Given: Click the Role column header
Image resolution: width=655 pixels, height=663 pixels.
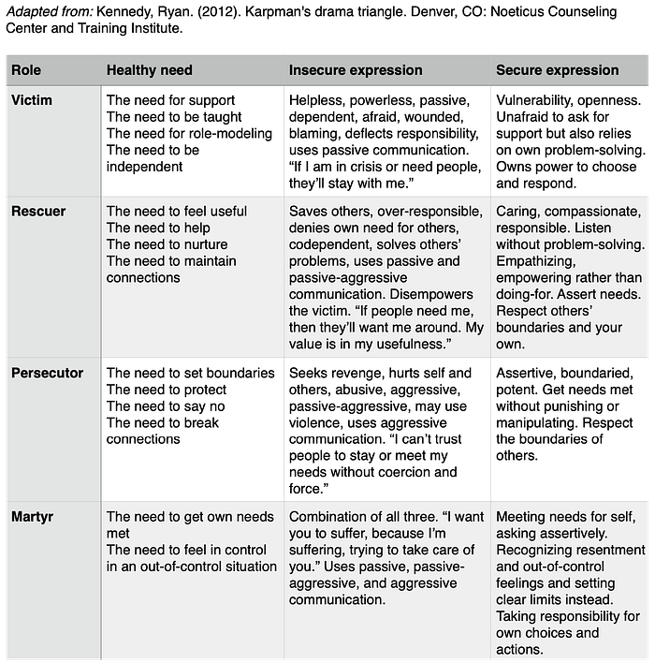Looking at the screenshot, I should click(26, 70).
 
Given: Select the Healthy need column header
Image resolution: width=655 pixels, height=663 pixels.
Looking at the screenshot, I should click(150, 70).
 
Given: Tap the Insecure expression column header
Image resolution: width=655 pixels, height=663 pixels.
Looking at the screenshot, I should click(356, 70).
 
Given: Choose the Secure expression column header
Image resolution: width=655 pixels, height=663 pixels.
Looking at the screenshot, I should click(558, 70).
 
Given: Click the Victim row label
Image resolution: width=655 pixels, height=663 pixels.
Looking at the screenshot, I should click(32, 100).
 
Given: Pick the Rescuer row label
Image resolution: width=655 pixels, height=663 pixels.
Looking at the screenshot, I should click(38, 211).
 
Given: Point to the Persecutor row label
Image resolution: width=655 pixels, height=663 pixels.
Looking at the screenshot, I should click(47, 373).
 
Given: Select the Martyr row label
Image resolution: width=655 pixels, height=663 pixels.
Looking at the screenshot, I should click(33, 517).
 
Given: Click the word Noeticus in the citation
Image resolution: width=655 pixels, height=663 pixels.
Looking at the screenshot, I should click(507, 12).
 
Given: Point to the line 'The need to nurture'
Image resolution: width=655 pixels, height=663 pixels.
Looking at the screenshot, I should click(167, 244).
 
